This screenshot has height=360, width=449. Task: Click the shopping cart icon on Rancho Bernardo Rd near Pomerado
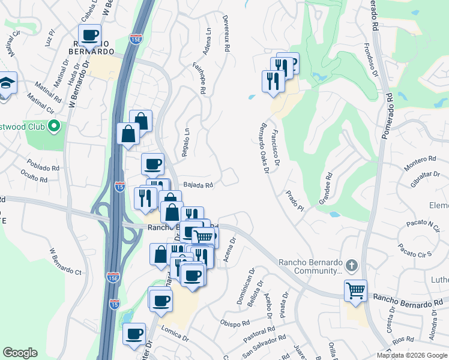356,291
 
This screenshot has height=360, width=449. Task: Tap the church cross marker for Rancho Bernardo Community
352,265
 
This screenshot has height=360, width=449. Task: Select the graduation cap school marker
7,83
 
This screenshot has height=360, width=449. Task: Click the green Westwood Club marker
54,126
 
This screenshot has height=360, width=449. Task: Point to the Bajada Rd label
199,185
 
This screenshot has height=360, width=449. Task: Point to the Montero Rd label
420,160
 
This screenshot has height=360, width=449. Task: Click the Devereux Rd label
226,35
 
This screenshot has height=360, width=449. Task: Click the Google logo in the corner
20,353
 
